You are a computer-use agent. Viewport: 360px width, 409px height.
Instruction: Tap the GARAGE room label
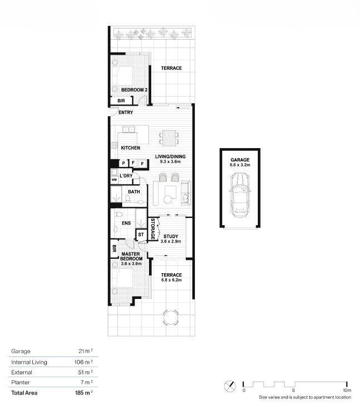(240, 160)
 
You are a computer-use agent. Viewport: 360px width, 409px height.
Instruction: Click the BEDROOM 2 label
(135, 90)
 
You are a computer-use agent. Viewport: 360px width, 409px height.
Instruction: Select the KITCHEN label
(131, 148)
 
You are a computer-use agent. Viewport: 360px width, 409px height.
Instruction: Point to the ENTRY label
(126, 112)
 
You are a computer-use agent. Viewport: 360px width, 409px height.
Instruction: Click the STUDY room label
(171, 236)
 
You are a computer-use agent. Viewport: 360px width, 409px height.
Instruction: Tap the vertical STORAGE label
(153, 229)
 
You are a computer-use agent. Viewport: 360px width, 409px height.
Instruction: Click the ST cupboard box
(141, 235)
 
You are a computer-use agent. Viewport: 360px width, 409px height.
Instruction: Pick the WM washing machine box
(114, 180)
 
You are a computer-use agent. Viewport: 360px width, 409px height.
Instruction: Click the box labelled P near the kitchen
(123, 163)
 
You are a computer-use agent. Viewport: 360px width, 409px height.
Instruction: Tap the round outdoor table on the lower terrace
(171, 317)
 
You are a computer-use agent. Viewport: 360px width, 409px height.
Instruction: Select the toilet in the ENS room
(119, 215)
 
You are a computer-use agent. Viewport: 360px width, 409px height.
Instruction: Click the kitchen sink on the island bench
(128, 130)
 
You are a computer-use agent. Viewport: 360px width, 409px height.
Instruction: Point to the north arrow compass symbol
(230, 386)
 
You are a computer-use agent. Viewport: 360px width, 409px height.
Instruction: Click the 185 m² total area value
(84, 393)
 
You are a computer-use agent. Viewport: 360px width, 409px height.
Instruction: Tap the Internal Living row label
(29, 362)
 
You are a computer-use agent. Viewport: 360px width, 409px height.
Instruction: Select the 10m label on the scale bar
(347, 390)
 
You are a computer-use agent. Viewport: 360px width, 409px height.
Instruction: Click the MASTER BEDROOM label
(131, 256)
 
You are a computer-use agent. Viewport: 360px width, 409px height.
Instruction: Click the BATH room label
(134, 192)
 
